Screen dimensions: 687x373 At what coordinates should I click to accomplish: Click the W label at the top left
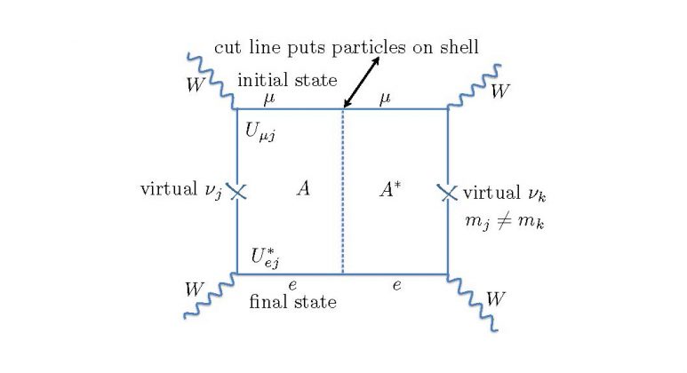(x=195, y=84)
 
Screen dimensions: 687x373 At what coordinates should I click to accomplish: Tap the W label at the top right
(x=499, y=91)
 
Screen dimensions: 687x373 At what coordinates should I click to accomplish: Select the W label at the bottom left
(x=193, y=290)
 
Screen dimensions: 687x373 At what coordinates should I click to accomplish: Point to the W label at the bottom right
(x=495, y=298)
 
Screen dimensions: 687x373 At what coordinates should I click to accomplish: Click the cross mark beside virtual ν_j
(x=237, y=191)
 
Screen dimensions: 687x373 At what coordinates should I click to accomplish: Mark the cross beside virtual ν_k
(x=448, y=193)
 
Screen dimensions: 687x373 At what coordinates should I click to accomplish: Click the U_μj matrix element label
(x=260, y=131)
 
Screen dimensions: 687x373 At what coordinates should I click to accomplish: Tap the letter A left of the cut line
(x=303, y=188)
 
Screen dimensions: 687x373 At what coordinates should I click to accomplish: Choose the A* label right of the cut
(x=389, y=189)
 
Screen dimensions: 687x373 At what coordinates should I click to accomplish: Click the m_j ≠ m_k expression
(x=505, y=220)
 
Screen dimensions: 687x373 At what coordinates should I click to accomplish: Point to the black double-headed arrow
(x=362, y=83)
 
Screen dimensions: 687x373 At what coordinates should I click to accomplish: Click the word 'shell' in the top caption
(x=459, y=47)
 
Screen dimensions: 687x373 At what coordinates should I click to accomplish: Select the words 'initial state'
(x=287, y=80)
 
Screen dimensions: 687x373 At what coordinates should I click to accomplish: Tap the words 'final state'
(x=292, y=302)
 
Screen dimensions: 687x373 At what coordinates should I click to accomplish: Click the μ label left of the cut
(x=269, y=99)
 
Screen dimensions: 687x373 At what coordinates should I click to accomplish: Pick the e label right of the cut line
(x=397, y=285)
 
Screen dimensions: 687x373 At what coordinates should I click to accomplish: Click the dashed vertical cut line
(x=343, y=191)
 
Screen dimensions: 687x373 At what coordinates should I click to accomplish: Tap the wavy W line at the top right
(x=474, y=87)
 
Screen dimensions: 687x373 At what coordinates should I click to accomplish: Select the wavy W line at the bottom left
(x=210, y=296)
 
